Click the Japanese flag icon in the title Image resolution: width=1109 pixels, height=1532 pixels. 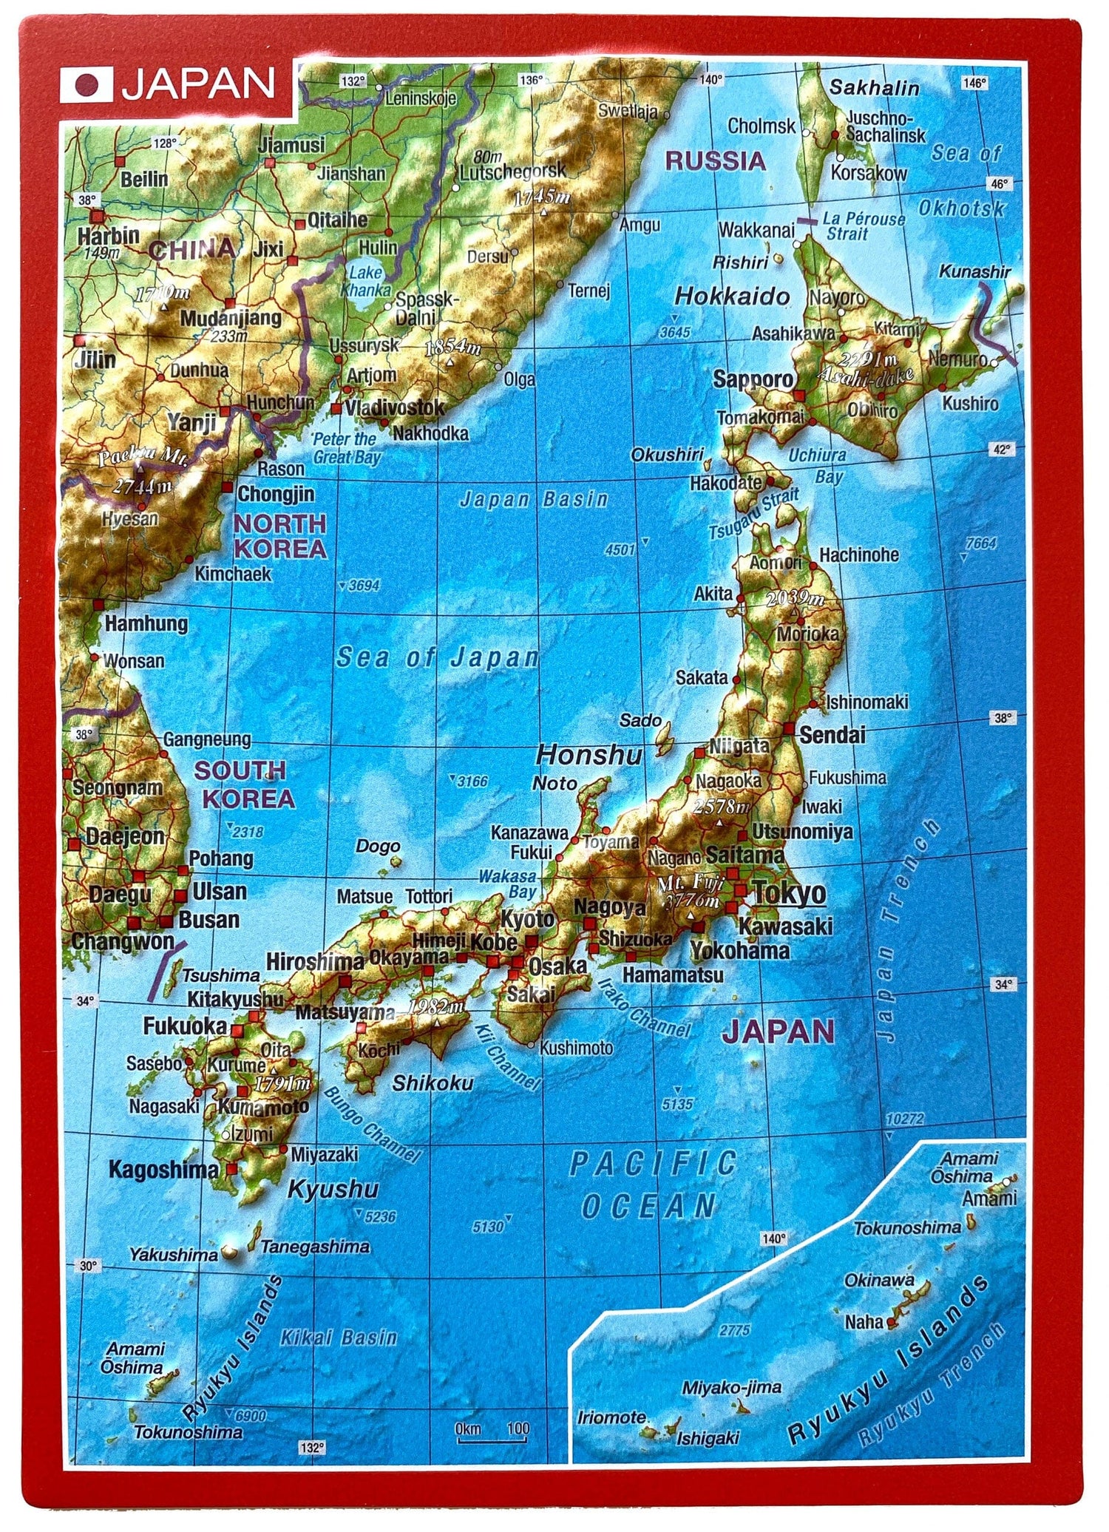87,86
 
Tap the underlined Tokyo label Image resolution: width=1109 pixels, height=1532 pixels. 789,893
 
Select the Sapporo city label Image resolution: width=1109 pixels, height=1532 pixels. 753,379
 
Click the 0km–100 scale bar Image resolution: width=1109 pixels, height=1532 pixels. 492,1429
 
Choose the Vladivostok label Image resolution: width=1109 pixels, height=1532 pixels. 395,407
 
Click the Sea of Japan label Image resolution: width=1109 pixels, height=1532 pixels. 438,657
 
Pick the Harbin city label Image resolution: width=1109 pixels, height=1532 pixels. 108,235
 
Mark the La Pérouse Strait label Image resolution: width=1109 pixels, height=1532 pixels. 864,226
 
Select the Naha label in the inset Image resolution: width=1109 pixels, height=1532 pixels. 864,1321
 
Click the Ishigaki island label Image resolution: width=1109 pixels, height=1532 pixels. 708,1437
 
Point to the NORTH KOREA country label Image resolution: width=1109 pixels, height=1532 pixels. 279,536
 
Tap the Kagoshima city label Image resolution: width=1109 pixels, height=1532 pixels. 163,1169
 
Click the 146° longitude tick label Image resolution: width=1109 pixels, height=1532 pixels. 975,84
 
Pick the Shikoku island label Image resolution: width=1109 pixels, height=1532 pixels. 433,1082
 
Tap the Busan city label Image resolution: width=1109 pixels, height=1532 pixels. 209,920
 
